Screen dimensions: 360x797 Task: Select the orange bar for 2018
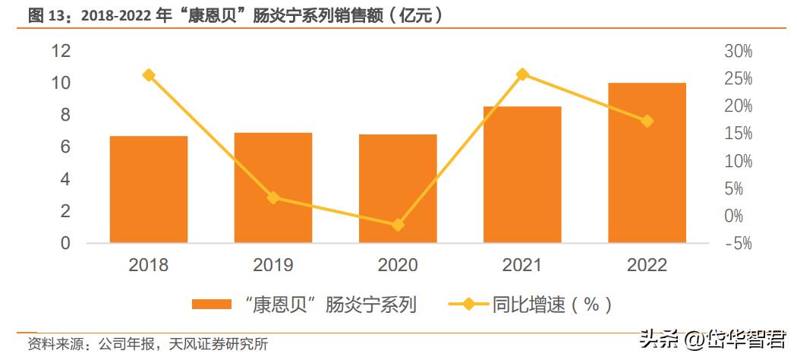(x=149, y=190)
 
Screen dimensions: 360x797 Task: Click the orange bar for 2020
(x=398, y=189)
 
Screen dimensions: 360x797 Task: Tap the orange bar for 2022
(x=647, y=163)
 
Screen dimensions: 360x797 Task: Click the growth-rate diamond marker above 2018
(x=149, y=75)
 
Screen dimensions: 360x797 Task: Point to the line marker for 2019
(x=273, y=198)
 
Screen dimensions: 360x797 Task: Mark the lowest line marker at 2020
(x=398, y=226)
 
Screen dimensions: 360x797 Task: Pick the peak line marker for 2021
(x=522, y=74)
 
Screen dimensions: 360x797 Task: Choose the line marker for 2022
(x=647, y=122)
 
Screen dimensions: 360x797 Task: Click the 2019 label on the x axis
(x=273, y=265)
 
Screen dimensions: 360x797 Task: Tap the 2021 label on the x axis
(x=522, y=265)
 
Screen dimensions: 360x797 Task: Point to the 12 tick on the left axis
(x=61, y=51)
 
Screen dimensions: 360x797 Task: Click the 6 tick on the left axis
(x=65, y=147)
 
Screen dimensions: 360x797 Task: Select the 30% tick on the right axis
(x=738, y=52)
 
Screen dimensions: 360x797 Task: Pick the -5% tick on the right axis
(x=738, y=244)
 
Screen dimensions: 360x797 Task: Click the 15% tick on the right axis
(x=738, y=134)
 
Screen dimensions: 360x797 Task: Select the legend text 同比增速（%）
(x=551, y=305)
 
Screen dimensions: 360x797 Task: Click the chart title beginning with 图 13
(x=235, y=15)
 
